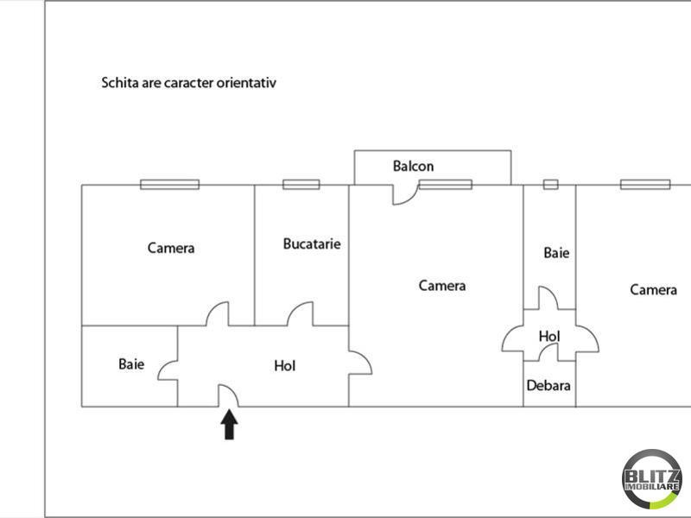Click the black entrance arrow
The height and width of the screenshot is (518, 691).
click(229, 425)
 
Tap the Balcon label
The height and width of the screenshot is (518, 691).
click(414, 166)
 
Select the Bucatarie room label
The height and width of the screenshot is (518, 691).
click(312, 244)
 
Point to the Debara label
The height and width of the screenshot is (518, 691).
click(548, 386)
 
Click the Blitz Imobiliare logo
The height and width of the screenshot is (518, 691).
click(652, 479)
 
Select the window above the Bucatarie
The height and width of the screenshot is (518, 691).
click(301, 185)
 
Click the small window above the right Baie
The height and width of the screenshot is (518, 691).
click(550, 185)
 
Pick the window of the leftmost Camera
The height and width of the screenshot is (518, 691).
click(169, 185)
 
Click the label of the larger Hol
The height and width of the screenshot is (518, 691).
click(285, 366)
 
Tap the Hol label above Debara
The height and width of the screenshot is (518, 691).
click(549, 337)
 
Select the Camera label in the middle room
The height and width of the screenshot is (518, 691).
click(442, 286)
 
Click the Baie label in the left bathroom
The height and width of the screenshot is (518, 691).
click(131, 364)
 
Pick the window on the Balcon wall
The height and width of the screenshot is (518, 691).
click(446, 185)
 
